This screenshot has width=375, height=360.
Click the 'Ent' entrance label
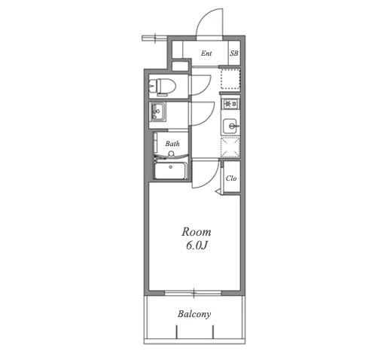[206, 53]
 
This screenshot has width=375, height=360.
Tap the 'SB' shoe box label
[234, 53]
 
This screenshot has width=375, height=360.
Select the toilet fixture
[163, 87]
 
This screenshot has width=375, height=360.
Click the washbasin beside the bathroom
[157, 112]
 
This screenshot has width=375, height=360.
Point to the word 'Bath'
[172, 144]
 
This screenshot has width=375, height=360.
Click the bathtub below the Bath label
[170, 170]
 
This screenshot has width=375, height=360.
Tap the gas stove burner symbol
[230, 104]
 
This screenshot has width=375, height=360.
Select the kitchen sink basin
[230, 125]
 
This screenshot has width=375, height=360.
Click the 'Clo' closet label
[231, 178]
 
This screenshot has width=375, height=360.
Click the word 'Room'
[197, 232]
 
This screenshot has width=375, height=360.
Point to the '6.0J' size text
[197, 246]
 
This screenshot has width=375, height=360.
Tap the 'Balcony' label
[194, 314]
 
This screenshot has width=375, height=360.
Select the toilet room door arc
[206, 88]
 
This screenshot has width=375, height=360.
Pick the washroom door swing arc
[207, 117]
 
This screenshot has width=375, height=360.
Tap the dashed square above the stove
[230, 78]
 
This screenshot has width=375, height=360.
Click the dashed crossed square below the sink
[230, 148]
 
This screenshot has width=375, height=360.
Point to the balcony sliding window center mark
[194, 292]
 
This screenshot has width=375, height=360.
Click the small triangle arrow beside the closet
[218, 192]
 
